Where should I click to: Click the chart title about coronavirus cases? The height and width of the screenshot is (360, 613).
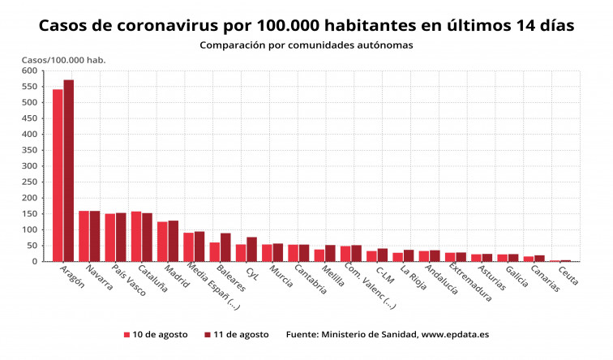(x=306, y=26)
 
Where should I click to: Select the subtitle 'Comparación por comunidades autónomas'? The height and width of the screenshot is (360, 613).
(x=306, y=45)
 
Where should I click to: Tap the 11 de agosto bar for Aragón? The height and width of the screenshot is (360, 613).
(x=69, y=170)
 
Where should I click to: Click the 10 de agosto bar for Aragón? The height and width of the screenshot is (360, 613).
(x=58, y=175)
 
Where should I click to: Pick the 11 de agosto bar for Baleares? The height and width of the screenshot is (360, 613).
(x=225, y=247)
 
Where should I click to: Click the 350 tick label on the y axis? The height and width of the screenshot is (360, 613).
(x=31, y=150)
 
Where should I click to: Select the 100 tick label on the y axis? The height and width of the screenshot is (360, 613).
(x=31, y=229)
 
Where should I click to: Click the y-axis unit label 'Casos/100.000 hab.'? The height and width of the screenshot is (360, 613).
(x=63, y=60)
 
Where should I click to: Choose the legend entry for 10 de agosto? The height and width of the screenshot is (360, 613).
(x=156, y=334)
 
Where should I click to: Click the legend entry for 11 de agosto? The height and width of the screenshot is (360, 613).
(x=237, y=334)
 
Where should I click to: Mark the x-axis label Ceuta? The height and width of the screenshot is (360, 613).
(x=568, y=276)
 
